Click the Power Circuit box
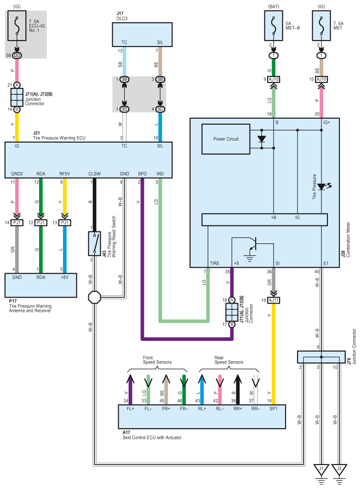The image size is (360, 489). (x=226, y=139)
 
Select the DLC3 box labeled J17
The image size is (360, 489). (x=142, y=35)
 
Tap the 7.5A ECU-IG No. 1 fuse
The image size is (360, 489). (x=17, y=26)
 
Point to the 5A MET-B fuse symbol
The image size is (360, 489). (x=274, y=26)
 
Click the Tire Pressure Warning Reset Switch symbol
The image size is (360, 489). (x=94, y=243)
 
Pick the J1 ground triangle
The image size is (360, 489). (x=321, y=469)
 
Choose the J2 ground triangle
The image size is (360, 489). (x=339, y=469)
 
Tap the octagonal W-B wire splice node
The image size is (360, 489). (x=94, y=297)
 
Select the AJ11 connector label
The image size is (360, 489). (x=274, y=300)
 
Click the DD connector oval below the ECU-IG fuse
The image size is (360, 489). (x=17, y=56)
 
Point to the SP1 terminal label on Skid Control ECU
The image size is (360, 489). (x=274, y=408)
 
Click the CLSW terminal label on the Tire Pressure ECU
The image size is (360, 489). (x=94, y=174)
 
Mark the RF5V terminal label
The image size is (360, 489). (x=64, y=174)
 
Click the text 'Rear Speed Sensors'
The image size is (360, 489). (x=229, y=360)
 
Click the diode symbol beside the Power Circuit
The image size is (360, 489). (x=262, y=139)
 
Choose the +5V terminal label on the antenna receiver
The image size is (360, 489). (x=64, y=277)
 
